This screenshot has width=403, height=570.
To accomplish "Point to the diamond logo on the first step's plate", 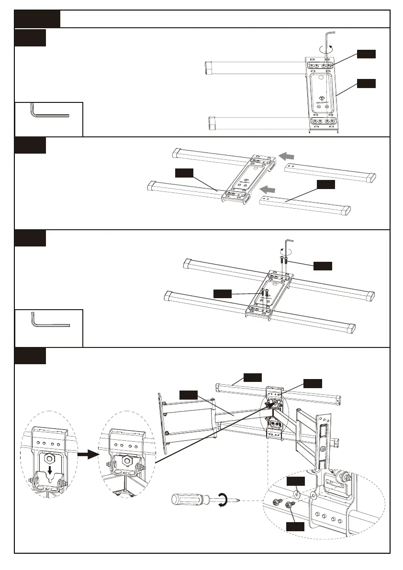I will pyautogui.click(x=321, y=100).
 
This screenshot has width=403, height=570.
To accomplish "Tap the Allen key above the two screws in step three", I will pyautogui.click(x=287, y=246).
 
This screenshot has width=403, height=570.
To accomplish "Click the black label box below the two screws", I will pyautogui.click(x=295, y=526).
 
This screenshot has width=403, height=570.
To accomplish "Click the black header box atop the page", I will pyautogui.click(x=37, y=19).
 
